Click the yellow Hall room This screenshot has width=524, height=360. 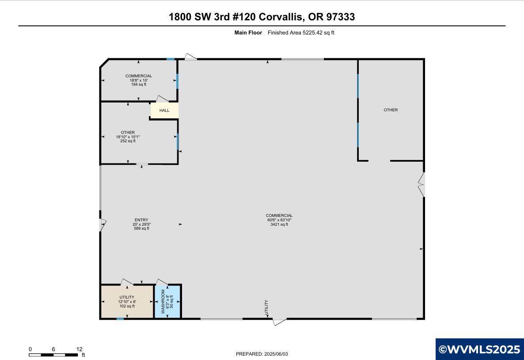pyautogui.click(x=164, y=110)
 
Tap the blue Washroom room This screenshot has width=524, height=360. pyautogui.click(x=167, y=301)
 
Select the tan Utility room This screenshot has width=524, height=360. pyautogui.click(x=127, y=301)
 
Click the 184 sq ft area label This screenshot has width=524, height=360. pyautogui.click(x=139, y=84)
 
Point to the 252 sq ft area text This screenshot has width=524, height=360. pyautogui.click(x=128, y=141)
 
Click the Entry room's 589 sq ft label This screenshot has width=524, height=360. pyautogui.click(x=141, y=228)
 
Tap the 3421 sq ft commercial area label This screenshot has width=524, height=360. pyautogui.click(x=279, y=224)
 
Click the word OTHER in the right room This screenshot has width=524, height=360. pyautogui.click(x=391, y=110)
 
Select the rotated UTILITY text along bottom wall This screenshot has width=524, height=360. pyautogui.click(x=266, y=307)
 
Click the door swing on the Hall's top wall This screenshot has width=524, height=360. pyautogui.click(x=163, y=99)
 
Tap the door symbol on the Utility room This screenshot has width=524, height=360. pyautogui.click(x=127, y=282)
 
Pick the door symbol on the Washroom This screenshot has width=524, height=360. pyautogui.click(x=162, y=282)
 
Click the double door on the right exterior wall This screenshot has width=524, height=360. pyautogui.click(x=421, y=184)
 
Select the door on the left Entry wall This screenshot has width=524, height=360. pyautogui.click(x=103, y=225)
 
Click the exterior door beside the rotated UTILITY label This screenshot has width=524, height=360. pyautogui.click(x=279, y=322)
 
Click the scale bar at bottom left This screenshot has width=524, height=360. pyautogui.click(x=53, y=355)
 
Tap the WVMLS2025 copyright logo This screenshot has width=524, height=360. pyautogui.click(x=479, y=349)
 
